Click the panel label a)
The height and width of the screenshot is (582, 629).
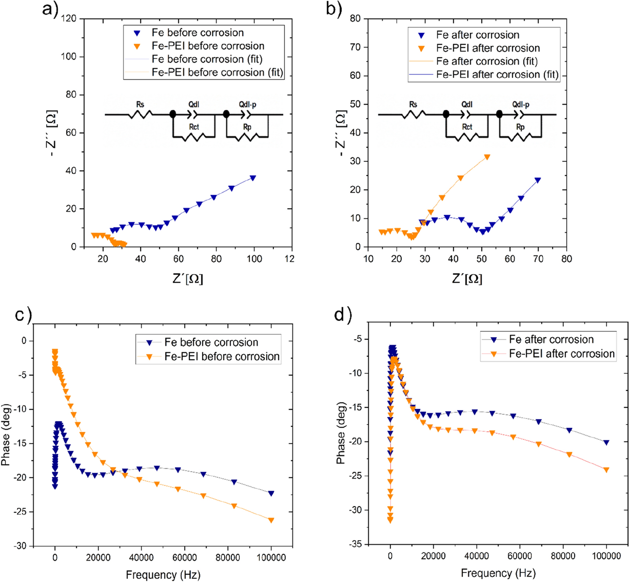(x=50, y=9)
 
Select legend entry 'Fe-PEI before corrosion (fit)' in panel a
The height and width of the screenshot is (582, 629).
(x=217, y=72)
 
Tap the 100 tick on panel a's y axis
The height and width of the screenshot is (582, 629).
(x=69, y=57)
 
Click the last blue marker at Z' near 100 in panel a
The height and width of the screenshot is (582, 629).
(x=253, y=178)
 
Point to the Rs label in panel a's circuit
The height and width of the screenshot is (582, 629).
(x=140, y=104)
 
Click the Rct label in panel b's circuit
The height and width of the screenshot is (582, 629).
(x=467, y=127)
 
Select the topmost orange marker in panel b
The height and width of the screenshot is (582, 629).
(x=487, y=157)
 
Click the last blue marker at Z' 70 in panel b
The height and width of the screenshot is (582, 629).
(x=538, y=180)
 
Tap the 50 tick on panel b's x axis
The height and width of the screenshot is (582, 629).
(x=482, y=259)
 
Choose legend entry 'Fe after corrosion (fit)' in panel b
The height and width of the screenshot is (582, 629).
(x=486, y=61)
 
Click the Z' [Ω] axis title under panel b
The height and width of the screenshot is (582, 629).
(x=467, y=278)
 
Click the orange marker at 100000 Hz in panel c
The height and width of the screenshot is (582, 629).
(x=271, y=520)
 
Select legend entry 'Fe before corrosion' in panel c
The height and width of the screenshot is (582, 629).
(x=211, y=342)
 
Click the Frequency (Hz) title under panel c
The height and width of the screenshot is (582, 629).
(x=163, y=575)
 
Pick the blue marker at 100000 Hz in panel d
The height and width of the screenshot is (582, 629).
(x=606, y=443)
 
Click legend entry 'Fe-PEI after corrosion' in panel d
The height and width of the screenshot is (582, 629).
(x=561, y=354)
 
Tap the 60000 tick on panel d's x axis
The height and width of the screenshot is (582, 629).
(x=520, y=556)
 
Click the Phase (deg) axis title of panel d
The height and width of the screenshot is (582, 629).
(x=341, y=433)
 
